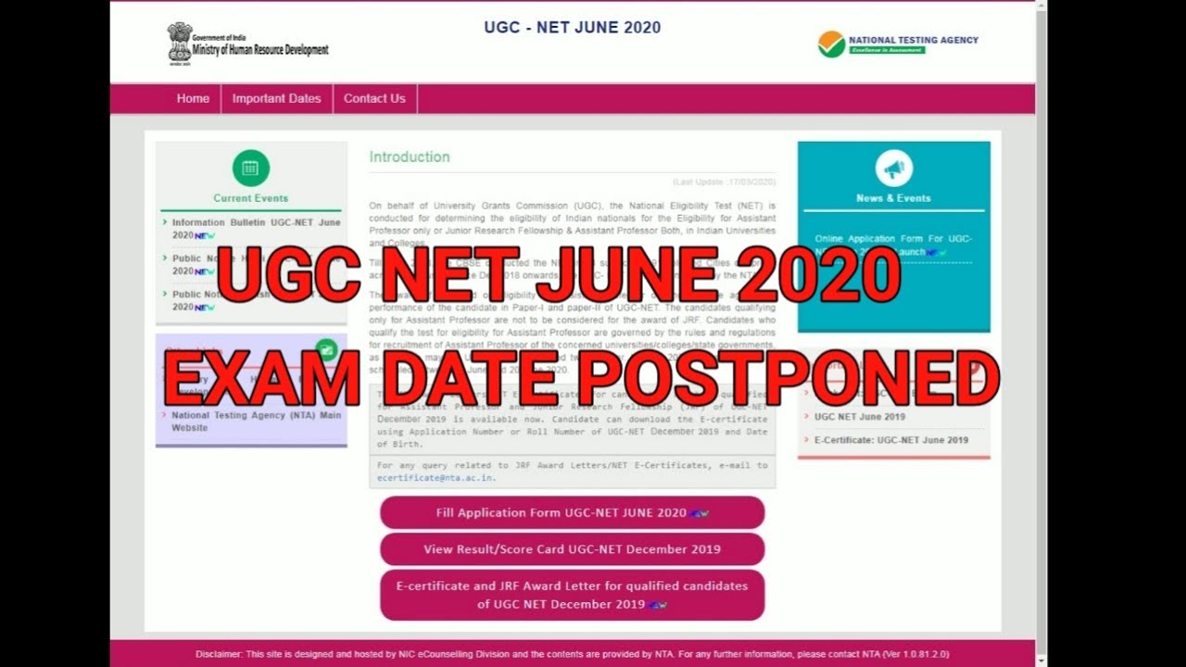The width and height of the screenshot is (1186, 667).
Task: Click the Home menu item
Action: pos(193,98)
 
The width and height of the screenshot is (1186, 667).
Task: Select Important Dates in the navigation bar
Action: pos(276,98)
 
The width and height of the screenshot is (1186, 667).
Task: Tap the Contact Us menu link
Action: pos(374,98)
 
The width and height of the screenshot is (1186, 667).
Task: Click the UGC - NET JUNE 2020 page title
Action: pos(572,28)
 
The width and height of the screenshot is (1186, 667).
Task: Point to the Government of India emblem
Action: pos(179,42)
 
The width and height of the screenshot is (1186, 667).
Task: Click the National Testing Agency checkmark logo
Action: pos(831,44)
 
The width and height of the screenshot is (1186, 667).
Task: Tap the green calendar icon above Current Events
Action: pos(250,169)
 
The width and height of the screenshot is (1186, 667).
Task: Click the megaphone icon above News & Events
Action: pos(893,169)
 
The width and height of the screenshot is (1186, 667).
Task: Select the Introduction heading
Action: pos(410,157)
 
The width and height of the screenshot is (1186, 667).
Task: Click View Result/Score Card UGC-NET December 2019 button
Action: pos(572,549)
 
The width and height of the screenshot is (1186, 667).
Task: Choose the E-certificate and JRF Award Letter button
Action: pos(572,595)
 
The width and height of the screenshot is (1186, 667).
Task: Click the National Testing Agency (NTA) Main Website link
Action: pos(256,422)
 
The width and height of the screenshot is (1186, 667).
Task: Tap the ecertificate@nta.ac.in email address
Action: pos(436,478)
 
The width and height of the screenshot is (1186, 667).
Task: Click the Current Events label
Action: pos(250,198)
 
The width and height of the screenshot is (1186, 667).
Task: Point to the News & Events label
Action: pos(893,198)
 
